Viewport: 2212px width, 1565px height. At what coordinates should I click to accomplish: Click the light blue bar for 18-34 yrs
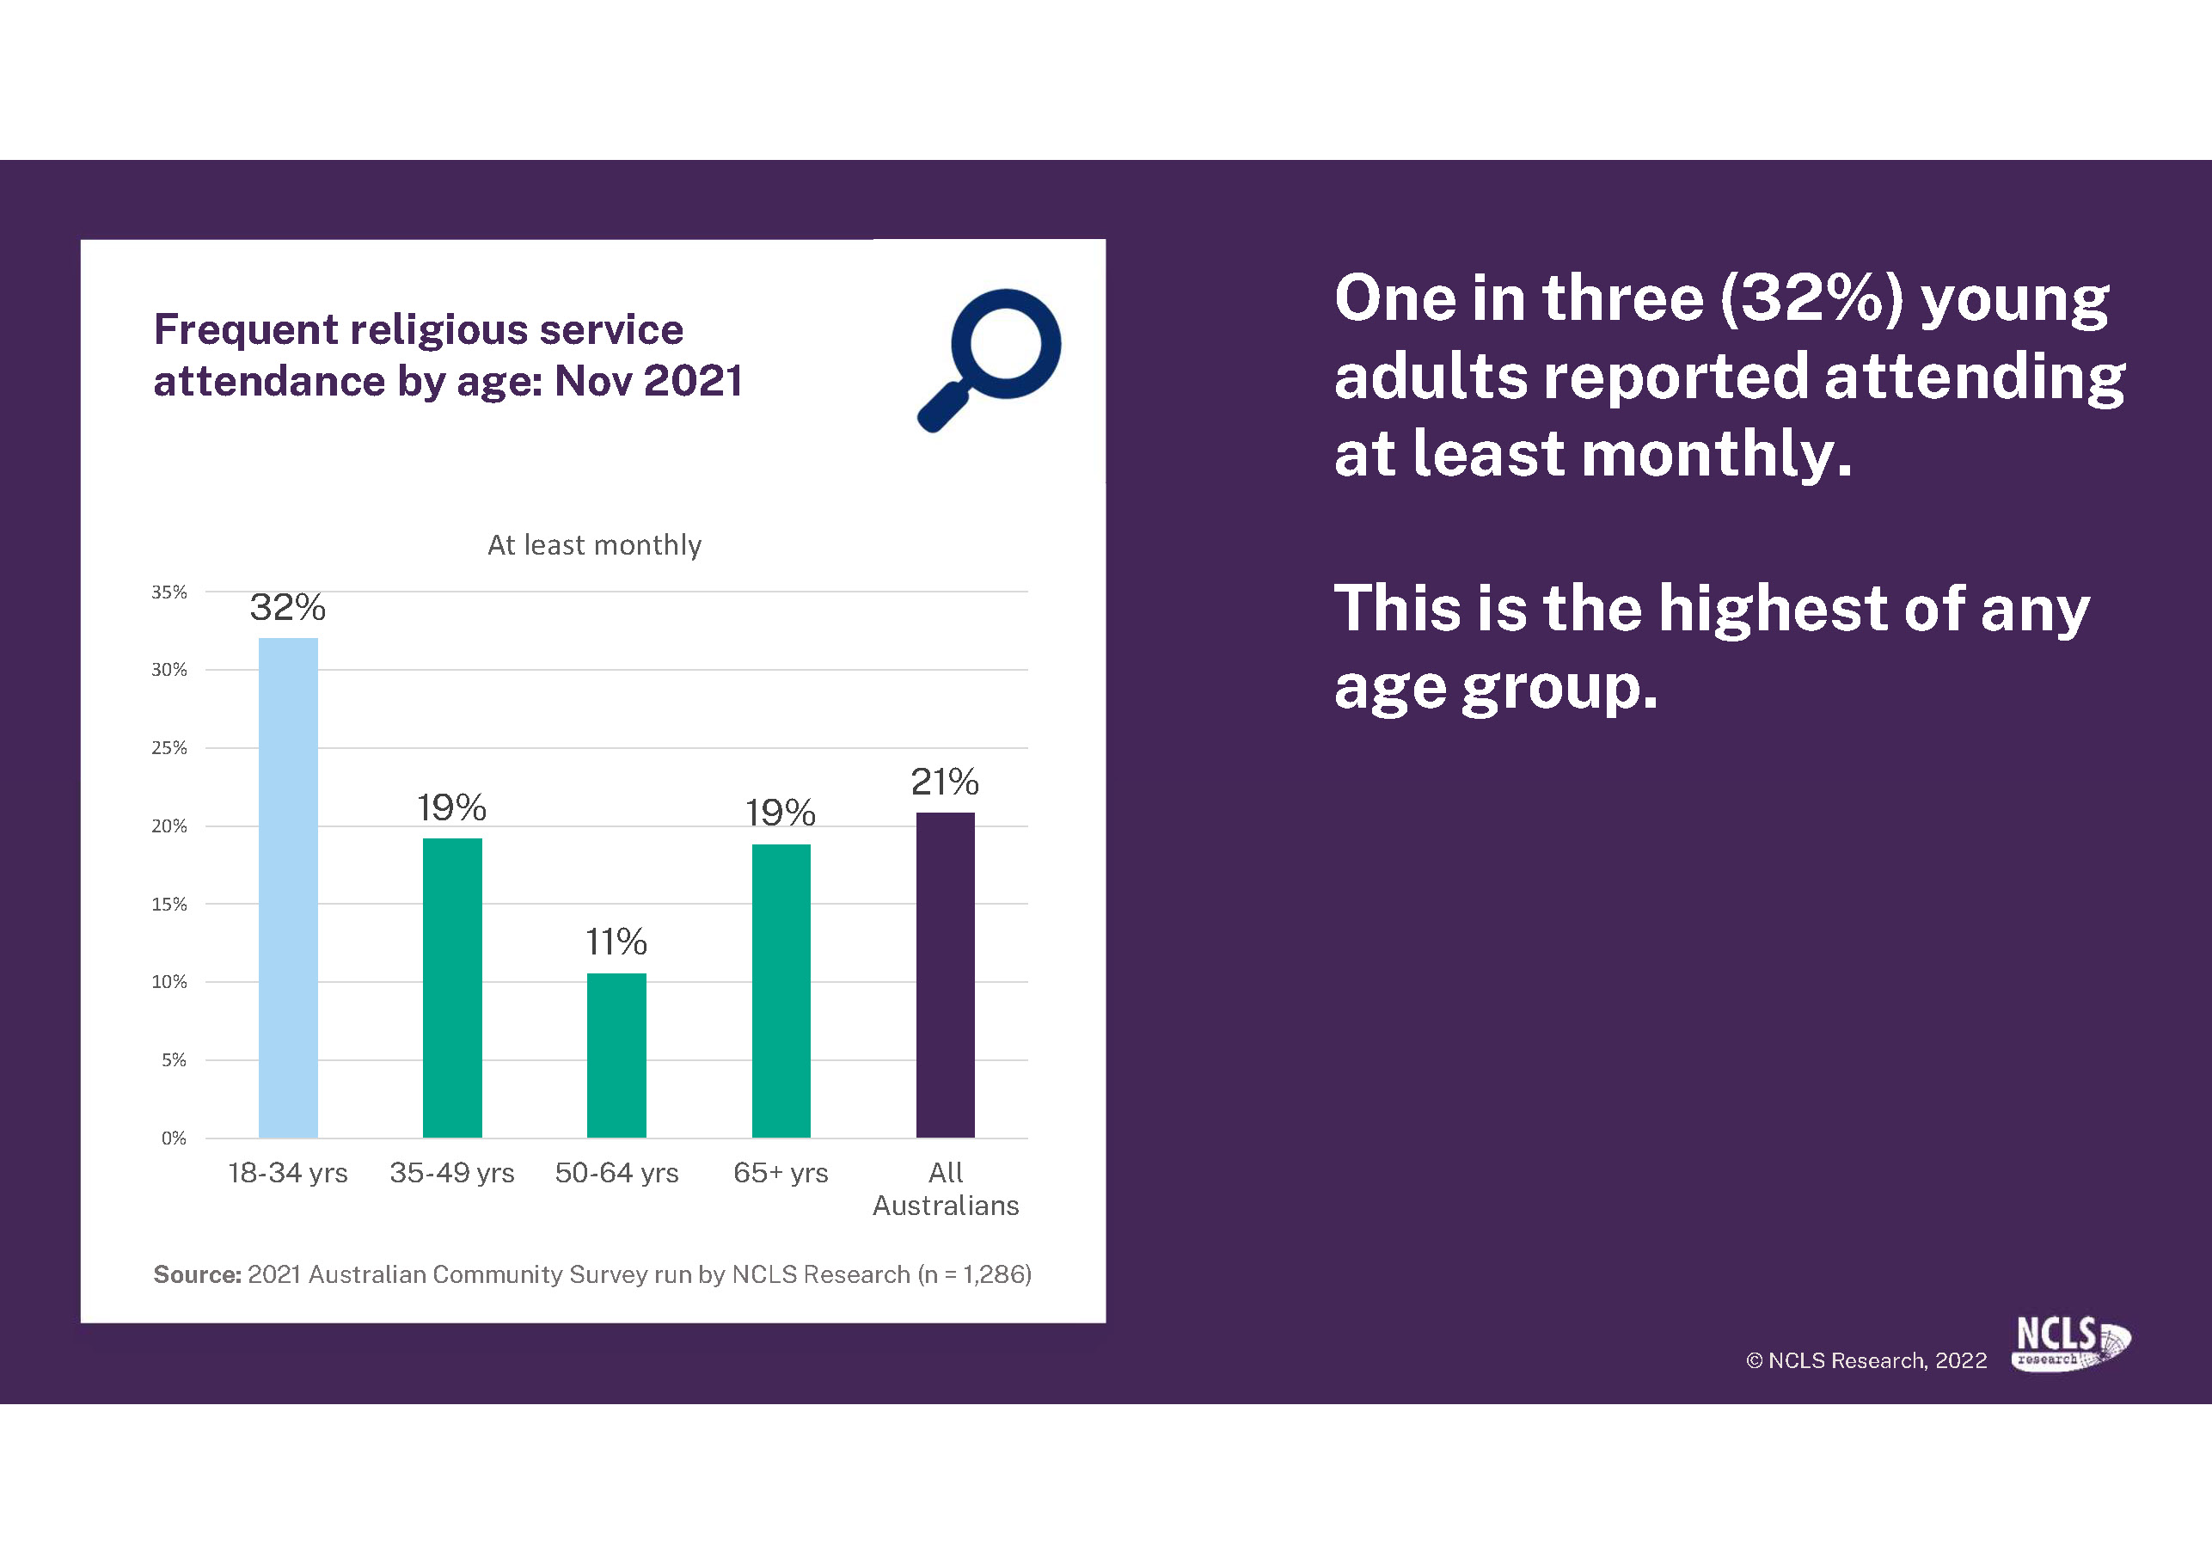(288, 887)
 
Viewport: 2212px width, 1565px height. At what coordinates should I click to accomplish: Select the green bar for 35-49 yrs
(452, 988)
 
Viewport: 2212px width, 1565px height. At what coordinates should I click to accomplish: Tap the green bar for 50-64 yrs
(616, 1055)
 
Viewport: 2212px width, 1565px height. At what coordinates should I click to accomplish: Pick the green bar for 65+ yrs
(781, 991)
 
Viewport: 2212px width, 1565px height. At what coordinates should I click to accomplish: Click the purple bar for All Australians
(945, 975)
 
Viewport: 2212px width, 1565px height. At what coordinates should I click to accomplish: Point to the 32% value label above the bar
(288, 607)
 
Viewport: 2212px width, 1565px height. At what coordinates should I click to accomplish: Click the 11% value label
(616, 942)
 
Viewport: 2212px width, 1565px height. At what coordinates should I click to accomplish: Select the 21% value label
(945, 782)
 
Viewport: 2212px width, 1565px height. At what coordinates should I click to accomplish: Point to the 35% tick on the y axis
(169, 592)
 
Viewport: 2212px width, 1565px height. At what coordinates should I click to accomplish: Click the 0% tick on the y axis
(174, 1138)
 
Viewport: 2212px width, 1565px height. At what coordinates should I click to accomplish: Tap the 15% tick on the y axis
(169, 904)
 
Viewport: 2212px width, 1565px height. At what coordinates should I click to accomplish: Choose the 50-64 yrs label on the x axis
(616, 1173)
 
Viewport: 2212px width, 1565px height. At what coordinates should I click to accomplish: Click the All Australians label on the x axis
(945, 1189)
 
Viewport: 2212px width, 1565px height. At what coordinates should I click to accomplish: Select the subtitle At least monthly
(594, 545)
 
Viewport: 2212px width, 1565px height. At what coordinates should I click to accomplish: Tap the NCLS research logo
(2071, 1343)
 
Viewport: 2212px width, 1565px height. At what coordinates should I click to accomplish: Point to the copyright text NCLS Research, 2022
(1867, 1360)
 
